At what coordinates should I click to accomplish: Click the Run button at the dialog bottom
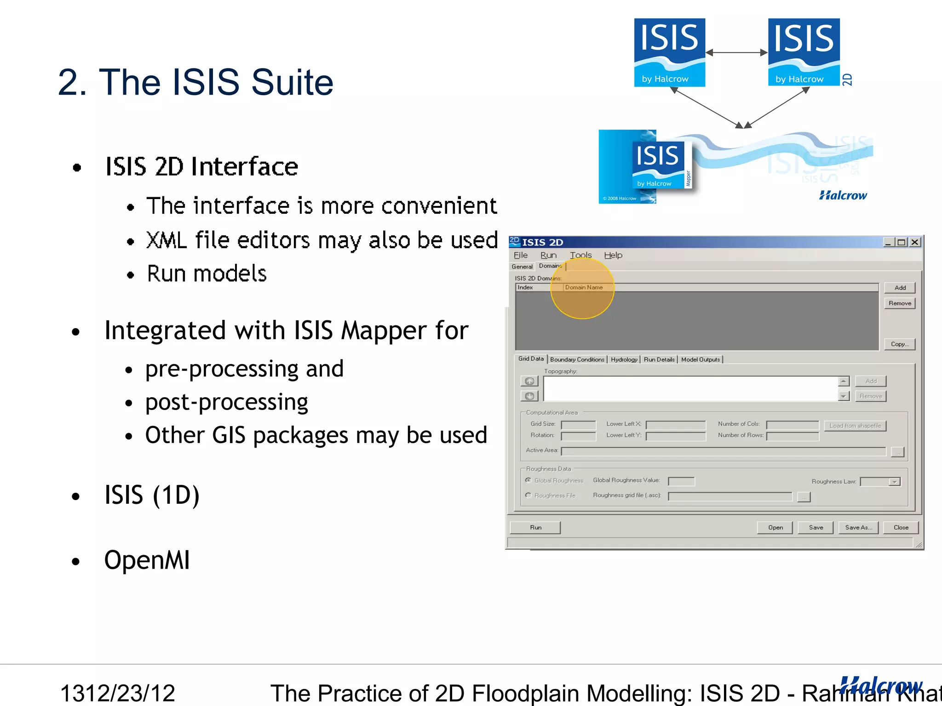click(x=535, y=527)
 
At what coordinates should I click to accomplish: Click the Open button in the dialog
click(x=775, y=527)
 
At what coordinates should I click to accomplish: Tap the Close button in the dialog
click(x=901, y=527)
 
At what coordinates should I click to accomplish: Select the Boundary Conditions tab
click(x=577, y=359)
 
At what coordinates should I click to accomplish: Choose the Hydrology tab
click(x=624, y=359)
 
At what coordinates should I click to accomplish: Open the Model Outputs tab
click(x=700, y=359)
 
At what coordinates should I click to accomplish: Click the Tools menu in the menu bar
click(x=580, y=255)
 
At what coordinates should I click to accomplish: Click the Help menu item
click(x=613, y=255)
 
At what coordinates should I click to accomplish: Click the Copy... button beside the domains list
click(x=900, y=344)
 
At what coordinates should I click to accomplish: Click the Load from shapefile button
click(x=855, y=426)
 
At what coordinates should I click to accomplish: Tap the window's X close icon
click(x=915, y=242)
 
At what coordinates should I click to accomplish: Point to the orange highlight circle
click(x=582, y=289)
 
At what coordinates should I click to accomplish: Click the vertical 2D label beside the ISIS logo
click(x=847, y=80)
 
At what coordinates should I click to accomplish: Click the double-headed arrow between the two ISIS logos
click(x=736, y=53)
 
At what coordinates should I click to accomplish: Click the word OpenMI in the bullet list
click(x=147, y=560)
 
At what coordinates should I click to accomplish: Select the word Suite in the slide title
click(x=292, y=83)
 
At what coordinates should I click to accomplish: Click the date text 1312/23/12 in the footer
click(x=118, y=693)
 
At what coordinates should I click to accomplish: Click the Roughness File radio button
click(x=528, y=495)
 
